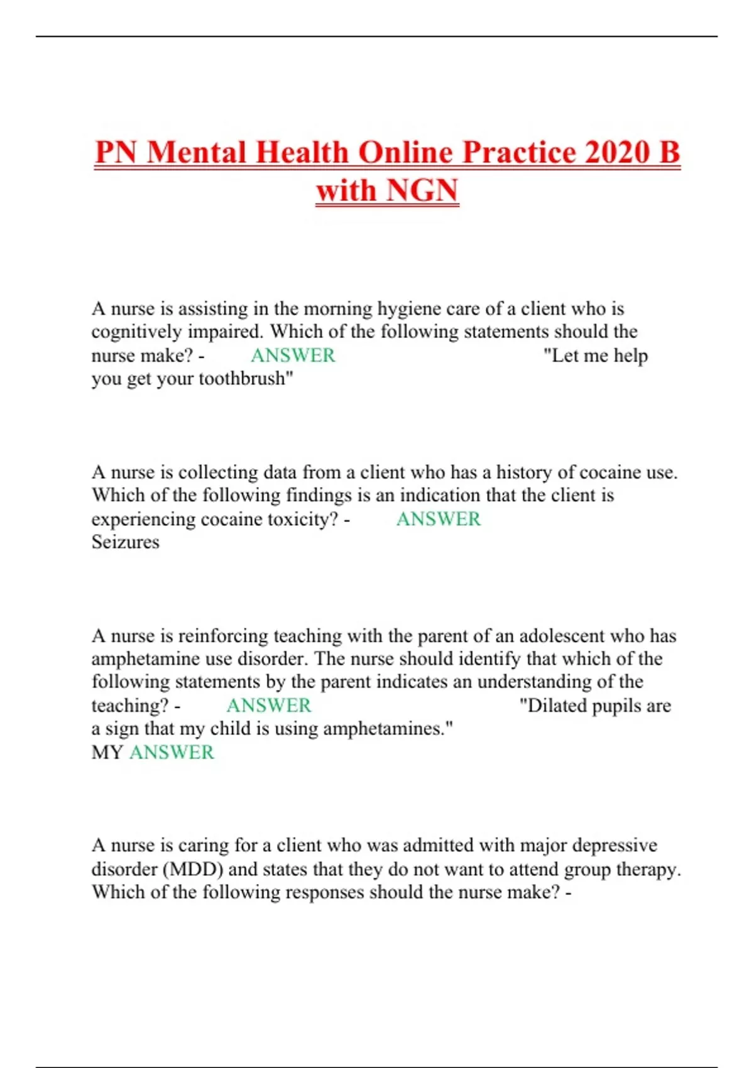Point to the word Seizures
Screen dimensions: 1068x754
pos(126,542)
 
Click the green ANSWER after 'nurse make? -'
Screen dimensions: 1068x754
pos(293,356)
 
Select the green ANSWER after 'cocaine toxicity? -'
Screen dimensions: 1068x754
pos(439,519)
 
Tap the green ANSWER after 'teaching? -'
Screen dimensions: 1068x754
pos(269,706)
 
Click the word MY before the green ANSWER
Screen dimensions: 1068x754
pos(107,752)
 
